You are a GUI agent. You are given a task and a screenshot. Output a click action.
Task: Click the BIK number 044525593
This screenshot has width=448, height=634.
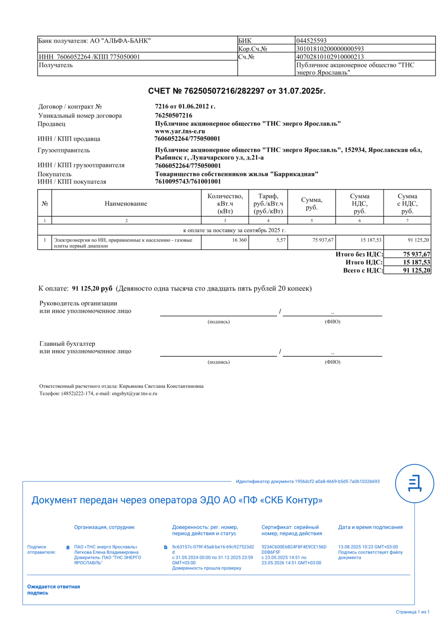coord(312,41)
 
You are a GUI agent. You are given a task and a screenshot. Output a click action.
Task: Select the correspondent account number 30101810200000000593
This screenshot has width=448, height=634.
coord(330,49)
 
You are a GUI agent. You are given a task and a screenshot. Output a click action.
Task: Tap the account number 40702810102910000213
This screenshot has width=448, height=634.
coord(330,57)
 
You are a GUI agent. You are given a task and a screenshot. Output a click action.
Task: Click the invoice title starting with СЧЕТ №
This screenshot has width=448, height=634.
coord(236,91)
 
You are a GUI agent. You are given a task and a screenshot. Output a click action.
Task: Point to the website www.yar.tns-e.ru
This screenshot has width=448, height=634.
coord(180,131)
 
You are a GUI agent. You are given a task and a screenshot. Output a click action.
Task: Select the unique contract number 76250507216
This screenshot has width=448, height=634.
coord(174,115)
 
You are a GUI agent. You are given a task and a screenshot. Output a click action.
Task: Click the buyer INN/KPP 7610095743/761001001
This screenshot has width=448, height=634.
coord(188,181)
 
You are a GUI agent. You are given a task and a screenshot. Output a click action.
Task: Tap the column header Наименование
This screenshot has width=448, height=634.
coord(126,204)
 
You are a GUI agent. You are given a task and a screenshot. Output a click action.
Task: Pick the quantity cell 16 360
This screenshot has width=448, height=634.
coord(239,240)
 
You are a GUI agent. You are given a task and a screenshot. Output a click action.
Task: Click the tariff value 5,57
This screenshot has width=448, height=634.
coord(281,240)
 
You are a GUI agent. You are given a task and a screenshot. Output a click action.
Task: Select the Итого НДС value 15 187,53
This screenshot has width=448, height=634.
coord(416,262)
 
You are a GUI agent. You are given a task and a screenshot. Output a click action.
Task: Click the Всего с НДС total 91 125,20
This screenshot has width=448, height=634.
coord(416,271)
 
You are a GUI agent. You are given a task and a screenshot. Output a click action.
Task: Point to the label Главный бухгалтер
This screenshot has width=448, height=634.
coord(67,344)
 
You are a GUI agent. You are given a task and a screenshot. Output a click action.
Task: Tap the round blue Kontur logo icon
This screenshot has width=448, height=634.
coord(414,483)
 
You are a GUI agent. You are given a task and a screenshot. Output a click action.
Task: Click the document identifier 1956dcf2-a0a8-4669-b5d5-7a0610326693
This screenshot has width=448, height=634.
coord(337,481)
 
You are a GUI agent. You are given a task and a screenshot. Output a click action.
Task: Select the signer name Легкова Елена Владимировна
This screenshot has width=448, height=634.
coord(106,552)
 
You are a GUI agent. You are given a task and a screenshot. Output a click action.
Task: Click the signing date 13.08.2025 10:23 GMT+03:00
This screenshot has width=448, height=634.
coord(368,547)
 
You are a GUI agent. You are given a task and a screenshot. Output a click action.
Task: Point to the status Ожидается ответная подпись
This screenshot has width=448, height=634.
coord(53,590)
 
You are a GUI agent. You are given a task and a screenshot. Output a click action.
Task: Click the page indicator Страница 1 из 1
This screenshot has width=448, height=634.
coord(413,612)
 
